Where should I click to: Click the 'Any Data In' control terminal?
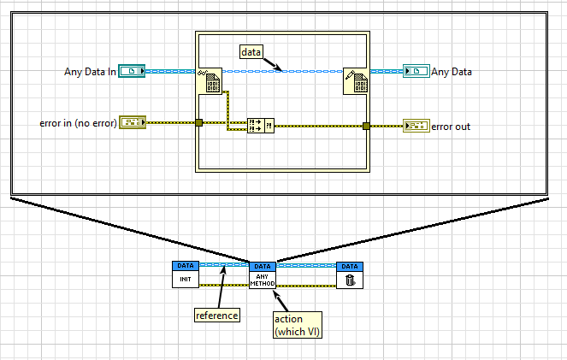(x=133, y=71)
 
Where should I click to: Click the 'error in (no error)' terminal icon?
(x=133, y=122)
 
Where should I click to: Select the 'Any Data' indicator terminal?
(x=416, y=71)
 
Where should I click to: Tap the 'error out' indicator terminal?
(x=416, y=126)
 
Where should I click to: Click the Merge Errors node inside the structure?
(x=259, y=126)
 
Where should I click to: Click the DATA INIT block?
(x=185, y=274)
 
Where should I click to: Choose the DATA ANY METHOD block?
(x=263, y=274)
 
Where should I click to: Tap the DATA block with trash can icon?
(x=349, y=274)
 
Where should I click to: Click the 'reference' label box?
(x=216, y=316)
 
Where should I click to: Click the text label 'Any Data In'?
(x=90, y=72)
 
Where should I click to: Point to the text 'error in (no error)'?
(x=77, y=123)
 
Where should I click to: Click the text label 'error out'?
(x=451, y=127)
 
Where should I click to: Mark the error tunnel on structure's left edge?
(x=198, y=123)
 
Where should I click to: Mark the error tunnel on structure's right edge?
(x=366, y=126)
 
